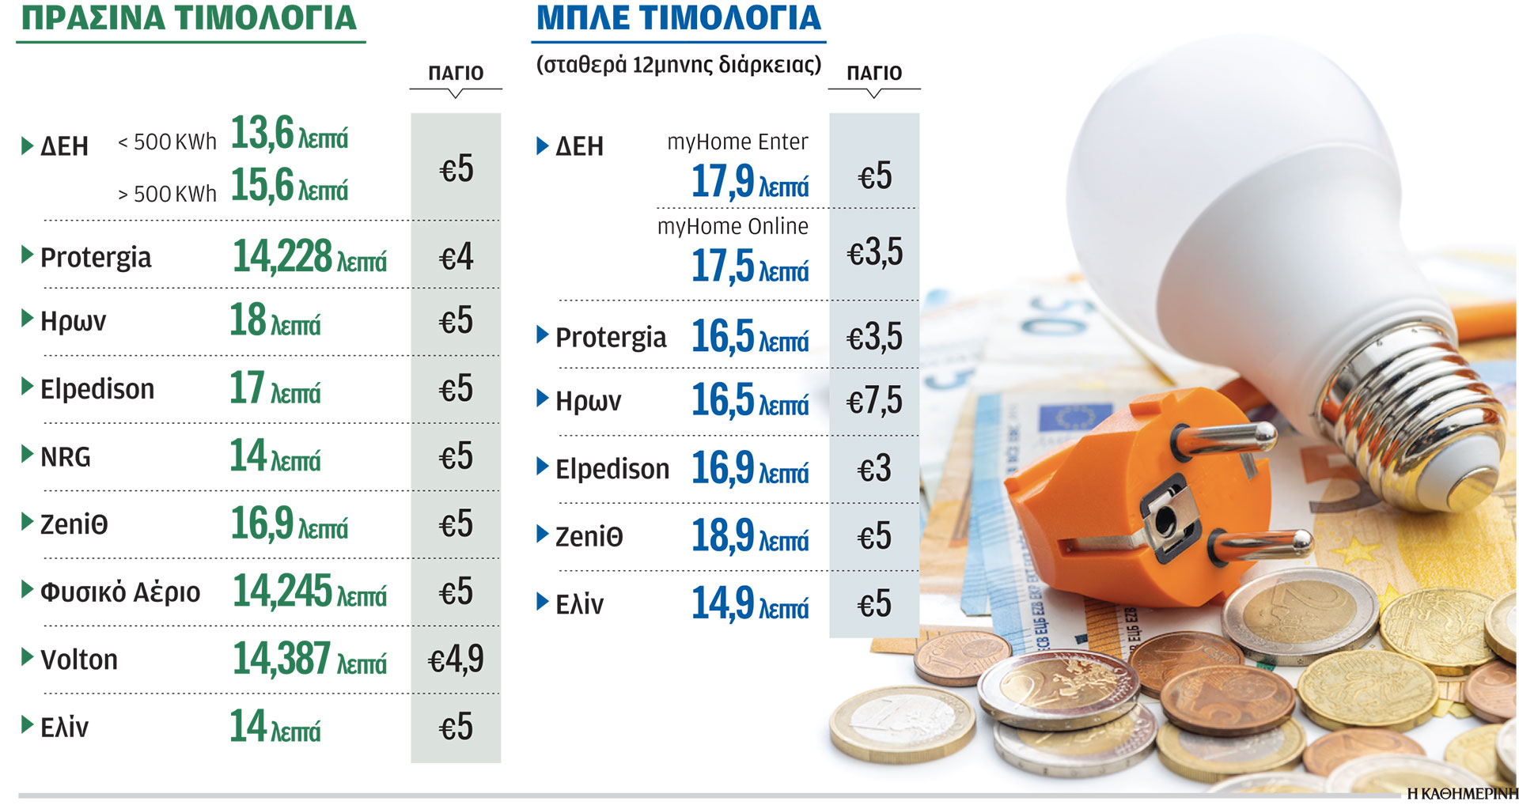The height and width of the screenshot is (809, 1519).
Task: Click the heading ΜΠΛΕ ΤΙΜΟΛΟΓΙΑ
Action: pos(679,19)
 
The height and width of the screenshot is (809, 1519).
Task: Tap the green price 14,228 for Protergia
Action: pos(282,257)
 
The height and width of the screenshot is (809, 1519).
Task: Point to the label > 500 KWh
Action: pos(167,194)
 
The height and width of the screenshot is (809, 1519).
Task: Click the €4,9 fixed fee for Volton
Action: pos(456,660)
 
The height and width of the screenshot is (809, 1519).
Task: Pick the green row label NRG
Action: pos(66,457)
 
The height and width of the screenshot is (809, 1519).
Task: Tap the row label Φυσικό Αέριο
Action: pos(120,592)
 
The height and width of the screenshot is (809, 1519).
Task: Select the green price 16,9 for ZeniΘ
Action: pos(262,524)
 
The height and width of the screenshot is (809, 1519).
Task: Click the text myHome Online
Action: pos(733,227)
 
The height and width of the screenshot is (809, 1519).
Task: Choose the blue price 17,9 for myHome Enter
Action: pos(723,182)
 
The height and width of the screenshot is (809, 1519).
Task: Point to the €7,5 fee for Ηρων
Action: pos(874,401)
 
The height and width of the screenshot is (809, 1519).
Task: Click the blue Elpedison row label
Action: pos(612,469)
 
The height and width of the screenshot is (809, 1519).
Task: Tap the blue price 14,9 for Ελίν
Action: pos(723,604)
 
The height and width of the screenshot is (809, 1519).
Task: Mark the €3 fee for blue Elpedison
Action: pos(874,470)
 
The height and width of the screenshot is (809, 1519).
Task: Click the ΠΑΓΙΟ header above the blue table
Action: pos(874,73)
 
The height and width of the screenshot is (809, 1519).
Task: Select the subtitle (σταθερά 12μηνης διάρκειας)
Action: pos(679,65)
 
